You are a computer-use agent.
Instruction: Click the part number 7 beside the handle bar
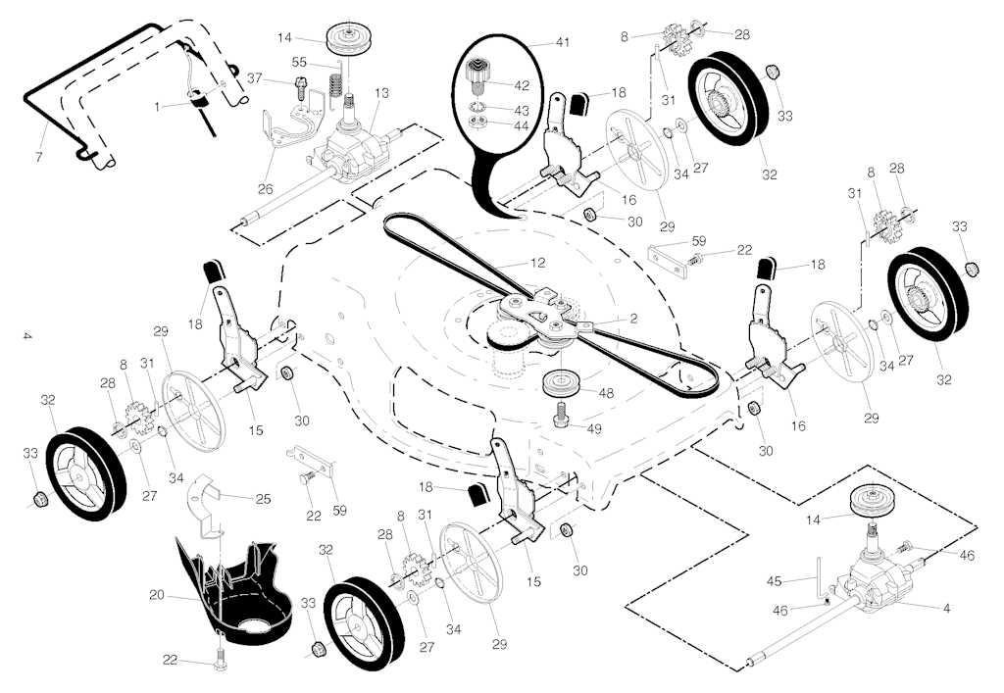coord(39,158)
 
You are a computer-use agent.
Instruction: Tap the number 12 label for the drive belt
coord(537,263)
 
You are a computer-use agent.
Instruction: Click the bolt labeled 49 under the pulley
coord(561,420)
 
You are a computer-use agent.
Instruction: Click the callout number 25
coord(263,499)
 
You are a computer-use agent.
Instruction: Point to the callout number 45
coord(776,580)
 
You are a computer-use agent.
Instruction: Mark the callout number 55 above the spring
coord(301,61)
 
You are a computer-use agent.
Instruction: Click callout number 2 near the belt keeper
coord(633,319)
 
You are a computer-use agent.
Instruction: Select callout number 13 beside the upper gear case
coord(381,93)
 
